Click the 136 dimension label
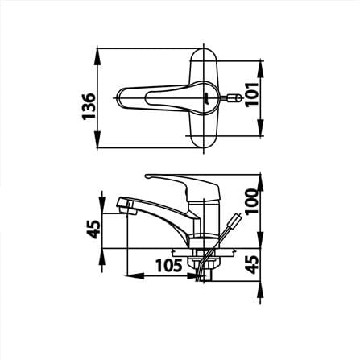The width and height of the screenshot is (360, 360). click(x=89, y=106)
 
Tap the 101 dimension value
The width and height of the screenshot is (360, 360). click(x=252, y=94)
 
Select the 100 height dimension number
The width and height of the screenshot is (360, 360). click(x=252, y=201)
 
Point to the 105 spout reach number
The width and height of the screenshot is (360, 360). click(x=169, y=266)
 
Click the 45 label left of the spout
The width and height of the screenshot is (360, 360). click(x=94, y=230)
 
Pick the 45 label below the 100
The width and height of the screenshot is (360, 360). click(x=253, y=264)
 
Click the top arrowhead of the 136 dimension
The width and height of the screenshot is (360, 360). click(x=97, y=57)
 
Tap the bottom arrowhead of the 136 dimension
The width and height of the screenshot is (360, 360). click(x=97, y=139)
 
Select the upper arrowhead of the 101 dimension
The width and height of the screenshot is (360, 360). click(x=260, y=69)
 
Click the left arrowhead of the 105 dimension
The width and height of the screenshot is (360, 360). click(x=136, y=275)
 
